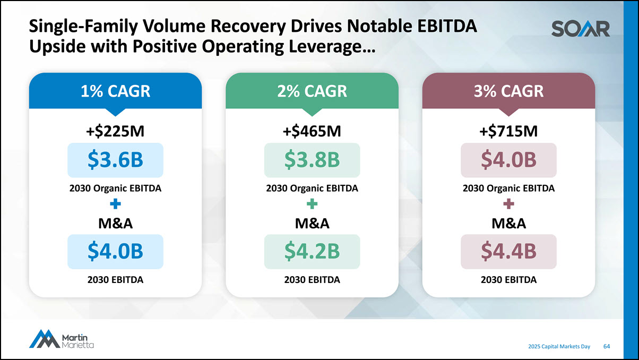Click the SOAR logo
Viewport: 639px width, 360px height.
click(580, 29)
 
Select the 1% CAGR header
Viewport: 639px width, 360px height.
click(115, 91)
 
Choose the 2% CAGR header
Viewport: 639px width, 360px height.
click(312, 91)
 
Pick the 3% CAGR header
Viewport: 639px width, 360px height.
click(508, 91)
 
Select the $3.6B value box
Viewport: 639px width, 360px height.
click(115, 160)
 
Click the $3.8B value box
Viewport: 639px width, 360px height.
click(312, 160)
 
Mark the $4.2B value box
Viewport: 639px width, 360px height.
click(312, 251)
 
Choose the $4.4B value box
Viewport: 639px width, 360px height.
click(508, 251)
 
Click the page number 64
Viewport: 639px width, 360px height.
click(607, 346)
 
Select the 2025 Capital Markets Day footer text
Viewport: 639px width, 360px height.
click(559, 346)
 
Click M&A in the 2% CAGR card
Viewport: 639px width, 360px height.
click(312, 224)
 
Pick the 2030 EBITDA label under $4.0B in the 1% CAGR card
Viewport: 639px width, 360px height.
click(115, 279)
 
